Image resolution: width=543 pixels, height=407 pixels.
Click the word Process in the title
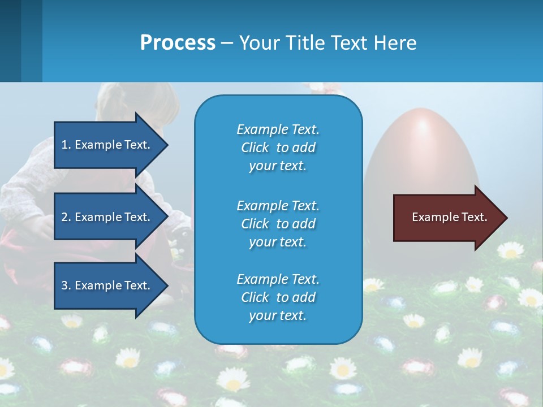coord(178,43)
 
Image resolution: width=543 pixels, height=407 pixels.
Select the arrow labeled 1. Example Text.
coord(107,145)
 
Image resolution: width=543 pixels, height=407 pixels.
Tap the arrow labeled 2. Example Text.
coord(107,217)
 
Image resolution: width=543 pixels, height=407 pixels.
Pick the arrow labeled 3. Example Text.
coord(107,285)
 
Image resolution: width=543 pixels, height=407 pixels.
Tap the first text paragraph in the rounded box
coord(278,148)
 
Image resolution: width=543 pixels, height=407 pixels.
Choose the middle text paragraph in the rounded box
coord(278,224)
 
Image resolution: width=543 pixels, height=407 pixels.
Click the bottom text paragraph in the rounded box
coord(278,297)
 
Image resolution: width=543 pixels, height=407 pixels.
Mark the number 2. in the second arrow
coord(66,217)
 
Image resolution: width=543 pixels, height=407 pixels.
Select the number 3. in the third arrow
coord(66,285)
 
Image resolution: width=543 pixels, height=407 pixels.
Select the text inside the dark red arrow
coord(450,217)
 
